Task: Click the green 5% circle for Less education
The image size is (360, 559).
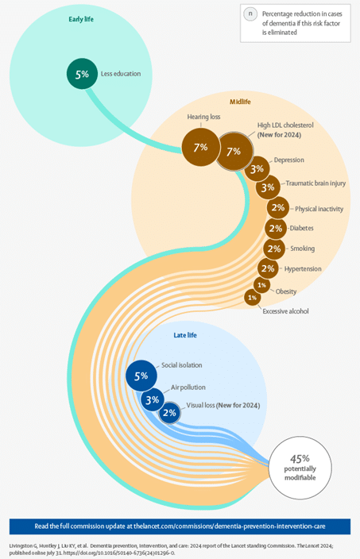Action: coord(82,74)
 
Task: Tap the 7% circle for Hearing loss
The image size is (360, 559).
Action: coord(200,147)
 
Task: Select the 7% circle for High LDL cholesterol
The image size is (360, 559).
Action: coord(234,151)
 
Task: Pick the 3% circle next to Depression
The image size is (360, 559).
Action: coord(257,168)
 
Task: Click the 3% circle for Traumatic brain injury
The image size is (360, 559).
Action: coord(268,187)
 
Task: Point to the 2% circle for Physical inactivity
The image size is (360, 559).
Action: coord(278,207)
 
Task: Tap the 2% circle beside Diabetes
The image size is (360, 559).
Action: coord(276,228)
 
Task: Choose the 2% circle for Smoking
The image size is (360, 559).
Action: coord(274,249)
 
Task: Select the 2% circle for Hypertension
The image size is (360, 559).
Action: coord(268,268)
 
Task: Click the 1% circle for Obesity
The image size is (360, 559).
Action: coord(262,285)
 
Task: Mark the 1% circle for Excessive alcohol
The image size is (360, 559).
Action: coord(252,297)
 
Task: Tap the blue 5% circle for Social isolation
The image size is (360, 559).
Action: coord(141,376)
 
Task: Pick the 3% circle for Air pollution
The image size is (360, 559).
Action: coord(153,399)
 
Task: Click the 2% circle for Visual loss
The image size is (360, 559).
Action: coord(169,413)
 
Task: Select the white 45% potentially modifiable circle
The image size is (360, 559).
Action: coord(300,467)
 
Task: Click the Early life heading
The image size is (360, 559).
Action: coord(81,19)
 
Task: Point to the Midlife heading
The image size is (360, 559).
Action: coord(240,102)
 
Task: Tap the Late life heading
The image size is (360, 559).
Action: coord(185,335)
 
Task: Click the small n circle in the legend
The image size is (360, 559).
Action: coord(250,14)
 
